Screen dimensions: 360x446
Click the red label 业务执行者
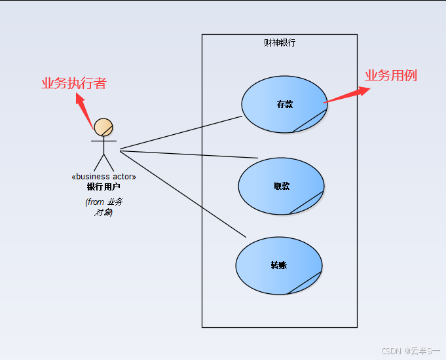(73, 83)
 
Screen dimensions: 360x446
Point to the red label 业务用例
(390, 75)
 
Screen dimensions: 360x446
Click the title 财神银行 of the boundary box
(280, 43)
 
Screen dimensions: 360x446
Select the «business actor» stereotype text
(103, 177)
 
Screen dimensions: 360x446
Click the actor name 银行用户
(103, 187)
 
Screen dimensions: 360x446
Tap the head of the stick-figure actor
(103, 127)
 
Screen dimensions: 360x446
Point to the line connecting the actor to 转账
(183, 194)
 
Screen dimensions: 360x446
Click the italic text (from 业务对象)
(103, 207)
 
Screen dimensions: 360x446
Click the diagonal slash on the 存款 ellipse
(310, 120)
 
